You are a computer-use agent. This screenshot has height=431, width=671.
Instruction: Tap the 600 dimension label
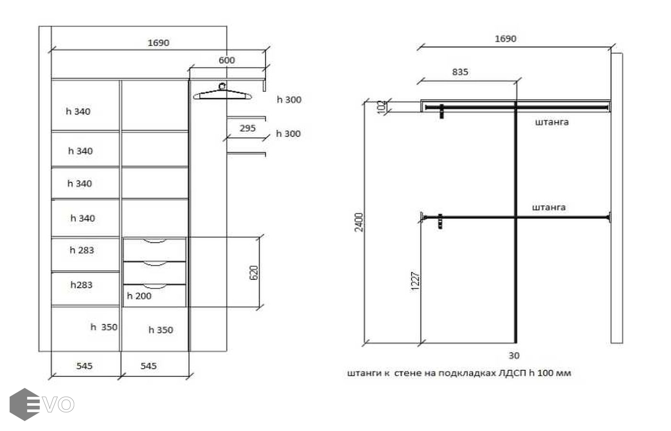(227, 60)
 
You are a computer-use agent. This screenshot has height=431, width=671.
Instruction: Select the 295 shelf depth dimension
(248, 128)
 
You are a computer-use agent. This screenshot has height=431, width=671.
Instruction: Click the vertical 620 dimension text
(253, 272)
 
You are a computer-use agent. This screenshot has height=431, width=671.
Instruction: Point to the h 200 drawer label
(139, 296)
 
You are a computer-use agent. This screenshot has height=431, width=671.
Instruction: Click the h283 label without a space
(81, 284)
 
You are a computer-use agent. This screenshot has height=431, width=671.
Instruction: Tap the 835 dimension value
(460, 72)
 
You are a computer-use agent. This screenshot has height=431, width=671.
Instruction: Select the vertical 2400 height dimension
(359, 222)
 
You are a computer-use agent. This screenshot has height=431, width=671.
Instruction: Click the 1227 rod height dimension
(415, 281)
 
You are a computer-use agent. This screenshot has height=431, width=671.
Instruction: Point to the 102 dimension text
(381, 107)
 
